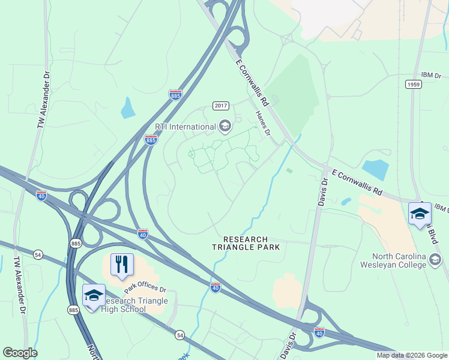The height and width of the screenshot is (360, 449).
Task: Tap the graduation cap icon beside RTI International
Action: click(225, 126)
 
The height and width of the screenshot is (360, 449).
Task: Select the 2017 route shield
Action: click(221, 106)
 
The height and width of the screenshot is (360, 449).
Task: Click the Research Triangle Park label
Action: click(246, 243)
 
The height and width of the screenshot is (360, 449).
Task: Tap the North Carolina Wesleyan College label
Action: click(394, 260)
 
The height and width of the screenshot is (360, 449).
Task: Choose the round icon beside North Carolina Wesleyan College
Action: click(436, 260)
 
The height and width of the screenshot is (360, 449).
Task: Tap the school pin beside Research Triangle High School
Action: click(94, 296)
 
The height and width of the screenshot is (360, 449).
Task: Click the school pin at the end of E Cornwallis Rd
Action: click(420, 214)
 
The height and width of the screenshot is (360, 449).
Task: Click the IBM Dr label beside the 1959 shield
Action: click(430, 75)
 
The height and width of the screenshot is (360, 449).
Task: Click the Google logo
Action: click(20, 353)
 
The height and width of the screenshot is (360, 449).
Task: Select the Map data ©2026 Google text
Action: click(411, 355)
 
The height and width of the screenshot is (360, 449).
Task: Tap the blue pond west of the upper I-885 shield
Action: click(128, 107)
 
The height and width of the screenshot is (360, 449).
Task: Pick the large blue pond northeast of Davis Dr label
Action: click(376, 169)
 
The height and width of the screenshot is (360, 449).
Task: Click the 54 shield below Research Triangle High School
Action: click(179, 334)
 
